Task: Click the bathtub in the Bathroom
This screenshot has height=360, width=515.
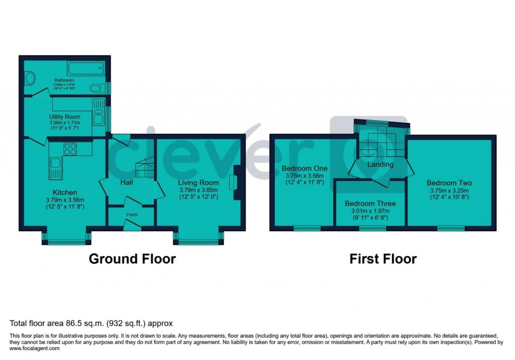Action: point(86,68)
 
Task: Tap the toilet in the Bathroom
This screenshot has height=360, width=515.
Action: point(98,87)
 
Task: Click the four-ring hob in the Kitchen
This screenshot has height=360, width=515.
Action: point(70,149)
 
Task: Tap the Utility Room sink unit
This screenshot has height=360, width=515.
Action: point(98,112)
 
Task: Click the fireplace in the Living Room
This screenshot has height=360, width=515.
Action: point(233,182)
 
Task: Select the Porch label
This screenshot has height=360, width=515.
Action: point(131,214)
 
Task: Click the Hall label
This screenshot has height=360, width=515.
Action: point(126,182)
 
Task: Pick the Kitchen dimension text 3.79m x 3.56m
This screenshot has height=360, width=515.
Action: point(65,200)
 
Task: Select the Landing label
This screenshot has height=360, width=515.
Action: point(380,164)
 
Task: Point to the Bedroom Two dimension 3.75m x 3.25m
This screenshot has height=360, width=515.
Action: point(447,191)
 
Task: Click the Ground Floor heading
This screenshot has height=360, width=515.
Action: point(132,259)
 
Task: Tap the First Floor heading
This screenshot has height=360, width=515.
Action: point(383,259)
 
